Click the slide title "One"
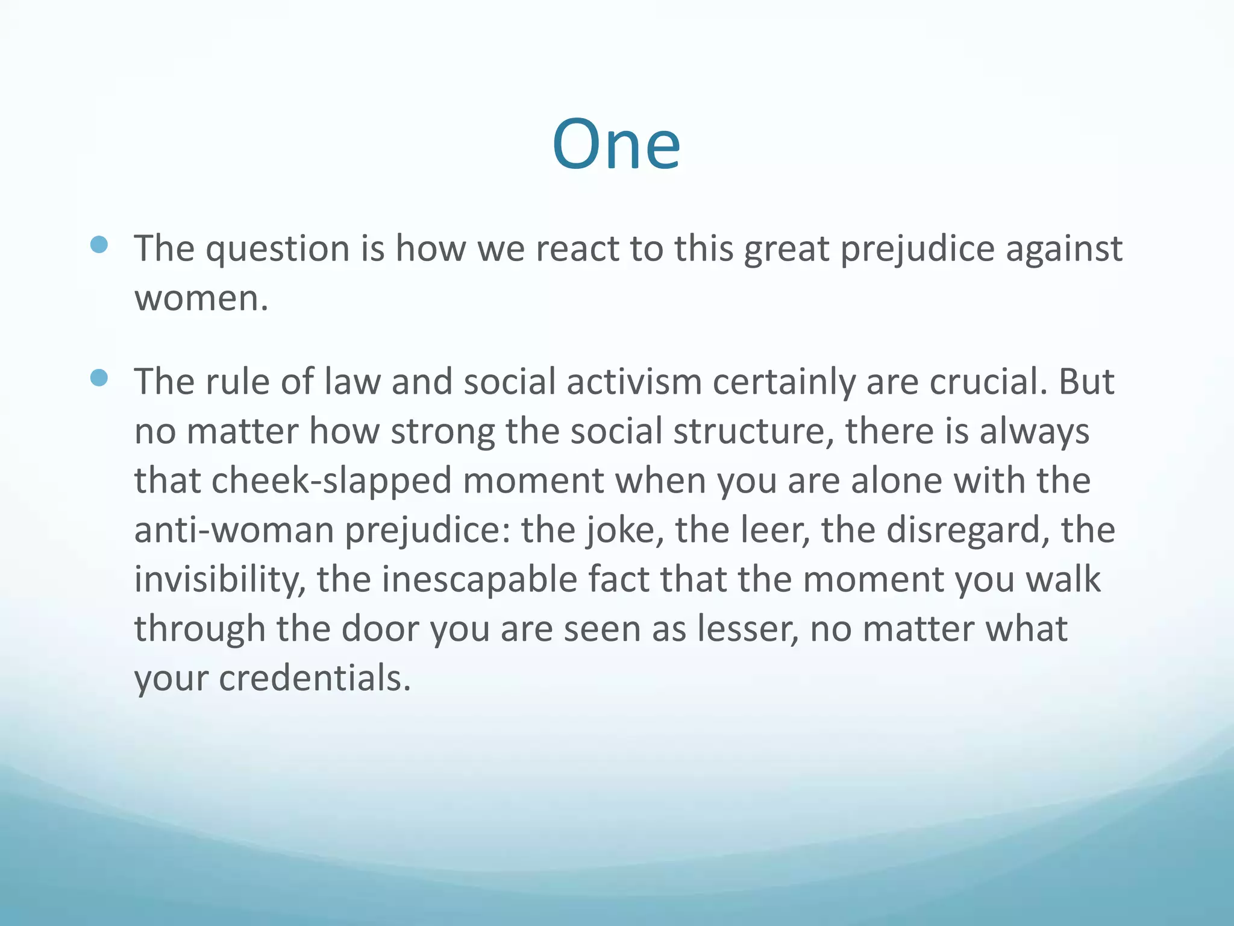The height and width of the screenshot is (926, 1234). [x=616, y=145]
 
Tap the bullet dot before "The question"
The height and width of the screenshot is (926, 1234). [x=99, y=244]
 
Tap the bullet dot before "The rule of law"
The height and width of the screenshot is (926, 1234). [x=99, y=378]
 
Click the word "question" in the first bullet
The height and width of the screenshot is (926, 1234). [x=277, y=249]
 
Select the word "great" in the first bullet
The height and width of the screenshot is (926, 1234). [x=786, y=249]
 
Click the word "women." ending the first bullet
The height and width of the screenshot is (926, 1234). [x=201, y=298]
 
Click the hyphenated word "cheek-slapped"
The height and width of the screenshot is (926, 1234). [x=331, y=481]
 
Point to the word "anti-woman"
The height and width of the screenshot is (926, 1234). [x=234, y=531]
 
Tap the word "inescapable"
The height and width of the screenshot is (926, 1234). [x=479, y=580]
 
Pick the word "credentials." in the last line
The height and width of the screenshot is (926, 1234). [x=315, y=679]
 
